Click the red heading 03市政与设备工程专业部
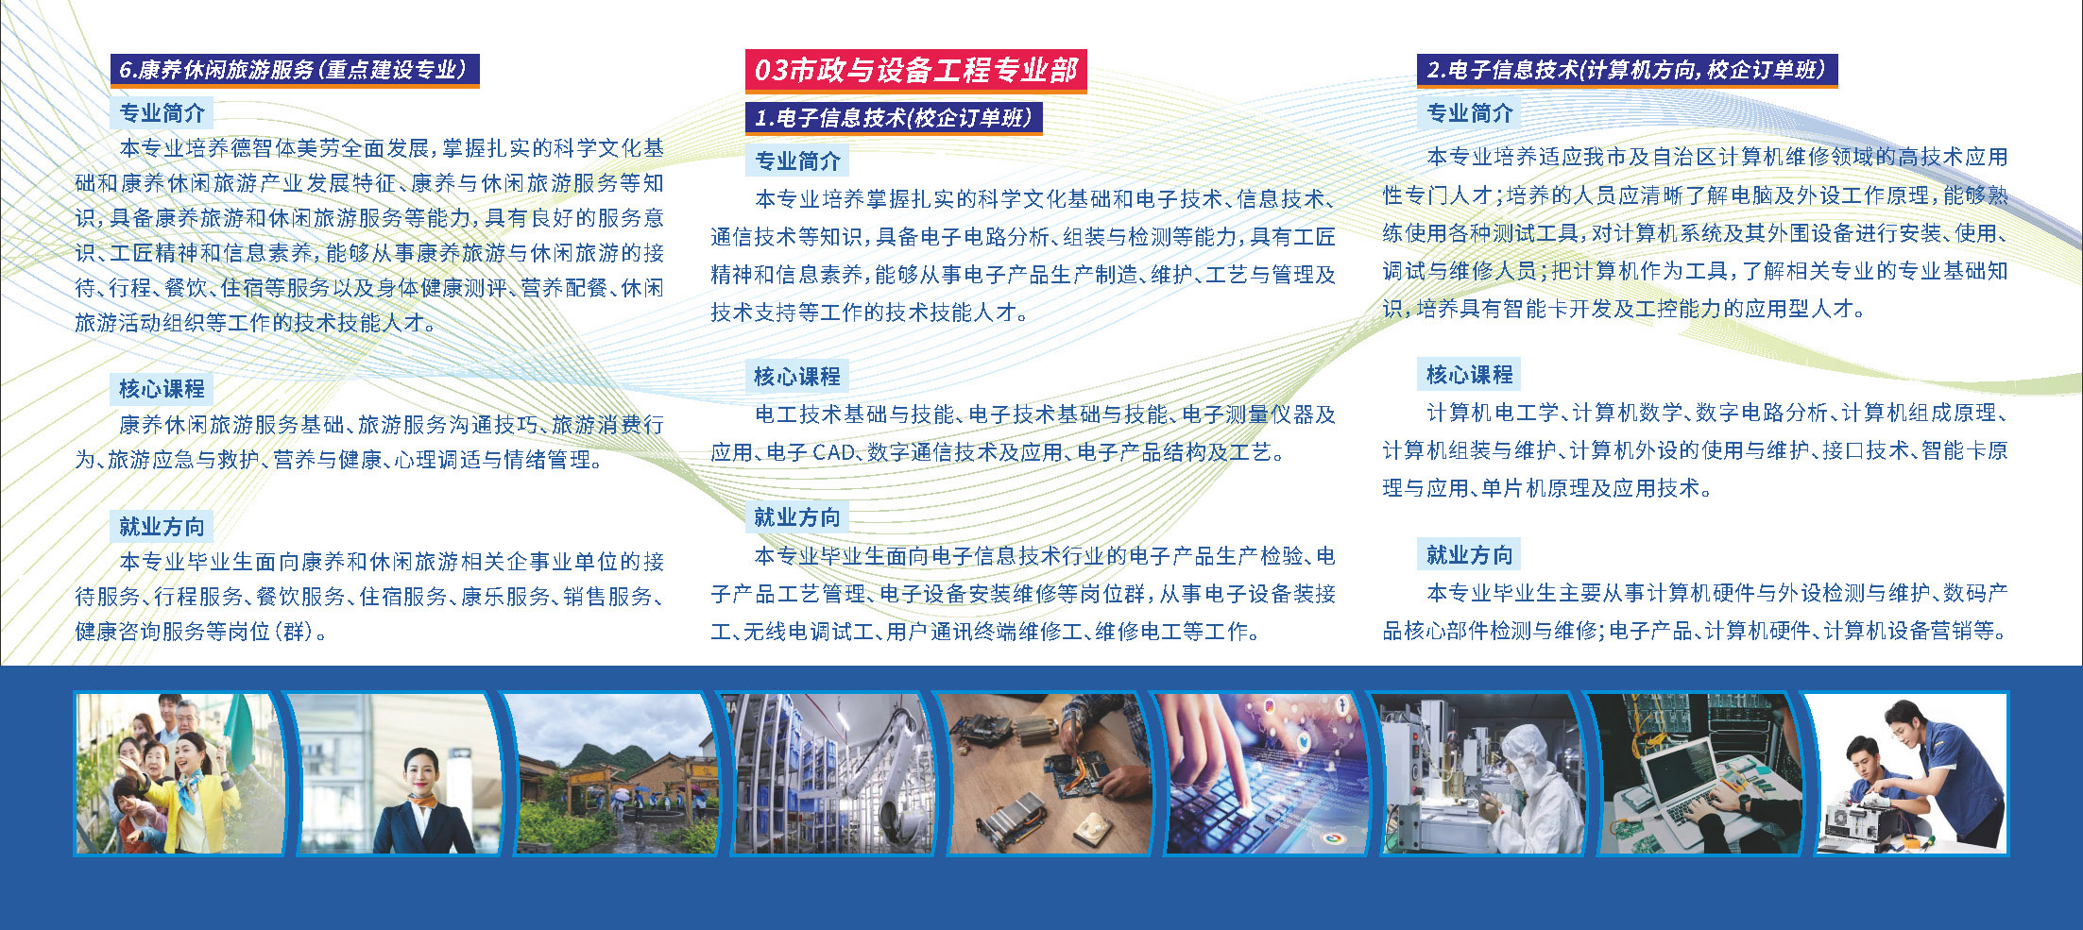[915, 70]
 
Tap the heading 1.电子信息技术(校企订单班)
[894, 117]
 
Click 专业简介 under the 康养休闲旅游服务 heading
[162, 113]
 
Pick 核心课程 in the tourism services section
[162, 388]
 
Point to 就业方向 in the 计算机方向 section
[1469, 554]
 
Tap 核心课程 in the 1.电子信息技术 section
[796, 376]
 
